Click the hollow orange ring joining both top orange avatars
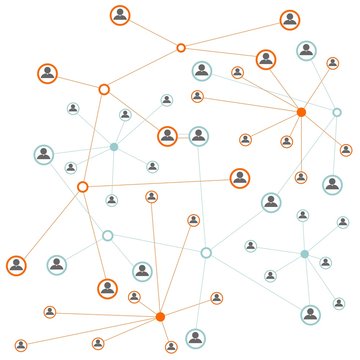click(x=181, y=47)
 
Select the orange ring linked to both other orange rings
click(x=104, y=89)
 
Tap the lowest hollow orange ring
click(x=83, y=186)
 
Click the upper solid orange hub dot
click(x=301, y=112)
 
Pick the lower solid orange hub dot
click(x=160, y=317)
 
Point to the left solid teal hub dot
click(x=114, y=147)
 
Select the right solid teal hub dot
click(x=305, y=254)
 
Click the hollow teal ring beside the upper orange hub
click(x=337, y=112)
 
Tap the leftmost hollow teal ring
click(x=108, y=236)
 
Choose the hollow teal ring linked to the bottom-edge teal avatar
click(x=206, y=252)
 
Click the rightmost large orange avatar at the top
click(x=289, y=19)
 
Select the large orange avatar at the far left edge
click(x=16, y=265)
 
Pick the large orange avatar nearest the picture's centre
click(x=167, y=135)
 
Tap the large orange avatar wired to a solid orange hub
click(x=265, y=60)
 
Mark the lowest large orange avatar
click(x=108, y=289)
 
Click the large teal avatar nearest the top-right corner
click(x=306, y=50)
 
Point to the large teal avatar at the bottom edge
click(x=196, y=338)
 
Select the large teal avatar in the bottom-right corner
click(x=311, y=314)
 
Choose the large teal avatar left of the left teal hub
click(x=44, y=155)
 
